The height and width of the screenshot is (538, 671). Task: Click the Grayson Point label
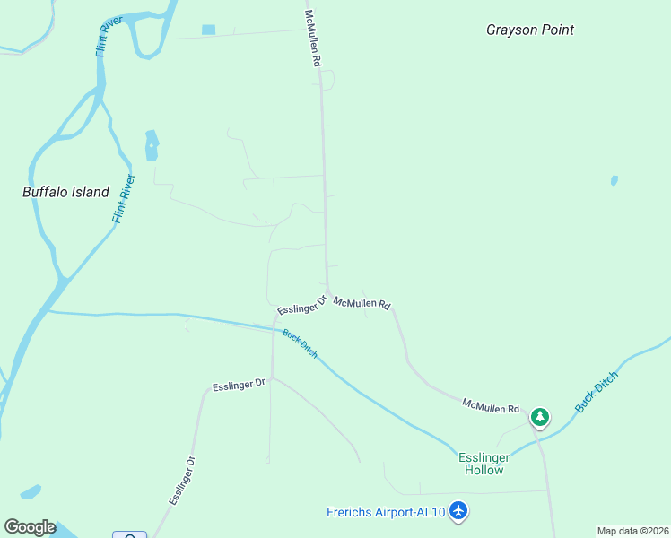(529, 30)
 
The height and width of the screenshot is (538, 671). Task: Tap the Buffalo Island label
(65, 192)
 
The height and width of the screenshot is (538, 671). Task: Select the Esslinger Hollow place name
(484, 464)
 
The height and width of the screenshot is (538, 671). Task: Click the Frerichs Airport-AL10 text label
(386, 512)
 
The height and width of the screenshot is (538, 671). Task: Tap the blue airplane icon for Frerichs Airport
(459, 511)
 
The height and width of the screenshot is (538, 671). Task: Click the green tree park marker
(539, 417)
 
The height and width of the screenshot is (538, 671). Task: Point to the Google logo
(30, 527)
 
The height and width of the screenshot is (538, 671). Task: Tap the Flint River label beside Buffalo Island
(124, 199)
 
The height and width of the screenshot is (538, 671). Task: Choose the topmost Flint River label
(109, 36)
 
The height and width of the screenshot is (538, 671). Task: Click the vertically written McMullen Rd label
(313, 40)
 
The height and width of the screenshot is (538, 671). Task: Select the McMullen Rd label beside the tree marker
(491, 406)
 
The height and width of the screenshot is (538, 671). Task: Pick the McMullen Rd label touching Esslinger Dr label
(362, 304)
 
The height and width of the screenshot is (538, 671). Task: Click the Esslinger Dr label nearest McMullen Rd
(301, 305)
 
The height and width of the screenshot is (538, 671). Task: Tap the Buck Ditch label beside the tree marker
(597, 392)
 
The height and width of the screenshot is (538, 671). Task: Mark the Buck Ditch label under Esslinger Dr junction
(300, 344)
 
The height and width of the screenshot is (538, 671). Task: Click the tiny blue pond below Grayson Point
(614, 180)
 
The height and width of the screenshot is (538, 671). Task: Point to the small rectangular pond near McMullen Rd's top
(209, 30)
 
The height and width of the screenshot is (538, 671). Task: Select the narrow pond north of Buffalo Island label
(152, 144)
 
